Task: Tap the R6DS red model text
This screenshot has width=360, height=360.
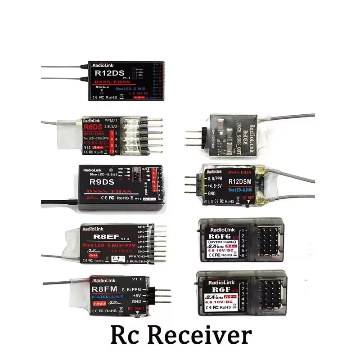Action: click(93, 128)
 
